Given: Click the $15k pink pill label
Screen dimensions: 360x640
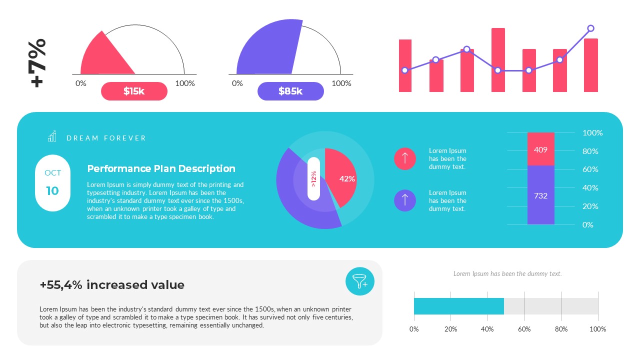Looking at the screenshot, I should tap(134, 91).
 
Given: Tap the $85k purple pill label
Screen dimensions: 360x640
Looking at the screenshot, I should tap(290, 91).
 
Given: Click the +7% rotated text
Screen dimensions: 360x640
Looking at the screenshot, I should tap(38, 63).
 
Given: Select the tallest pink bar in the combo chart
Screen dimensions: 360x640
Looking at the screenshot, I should tap(498, 60).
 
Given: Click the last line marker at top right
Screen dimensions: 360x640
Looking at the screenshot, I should tap(590, 28).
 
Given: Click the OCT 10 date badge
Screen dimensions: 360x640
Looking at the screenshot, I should tap(52, 182).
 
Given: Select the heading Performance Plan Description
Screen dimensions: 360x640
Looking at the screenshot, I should tap(161, 168).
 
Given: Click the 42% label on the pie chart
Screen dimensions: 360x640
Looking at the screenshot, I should tap(347, 178).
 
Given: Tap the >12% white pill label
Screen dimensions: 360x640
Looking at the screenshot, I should tap(313, 178).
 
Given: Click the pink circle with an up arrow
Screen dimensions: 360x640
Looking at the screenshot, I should tap(405, 158).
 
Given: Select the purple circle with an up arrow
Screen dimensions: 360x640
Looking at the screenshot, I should tap(405, 200).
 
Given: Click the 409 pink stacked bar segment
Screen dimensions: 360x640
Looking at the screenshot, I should tap(540, 149).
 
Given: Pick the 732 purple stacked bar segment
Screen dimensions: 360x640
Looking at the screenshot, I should tap(540, 195).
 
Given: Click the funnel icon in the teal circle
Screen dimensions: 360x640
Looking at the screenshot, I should tap(360, 281).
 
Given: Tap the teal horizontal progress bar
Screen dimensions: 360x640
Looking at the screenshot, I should tap(458, 306).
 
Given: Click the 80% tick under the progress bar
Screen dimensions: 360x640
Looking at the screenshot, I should tap(561, 329).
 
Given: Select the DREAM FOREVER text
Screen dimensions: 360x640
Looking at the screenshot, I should tap(106, 138).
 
